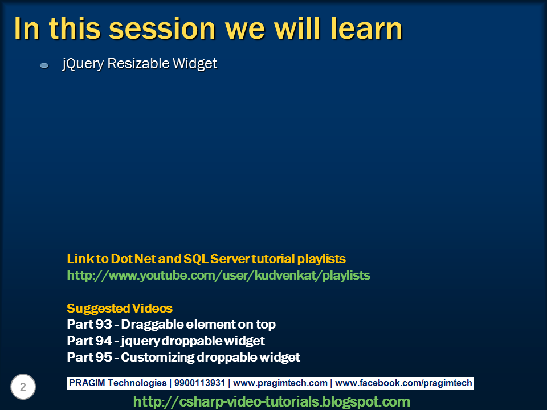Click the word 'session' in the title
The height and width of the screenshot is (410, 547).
[x=162, y=29]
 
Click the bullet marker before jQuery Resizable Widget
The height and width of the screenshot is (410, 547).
[x=44, y=65]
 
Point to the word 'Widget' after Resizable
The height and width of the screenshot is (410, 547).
[x=195, y=64]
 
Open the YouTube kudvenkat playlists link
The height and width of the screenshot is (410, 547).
[x=218, y=276]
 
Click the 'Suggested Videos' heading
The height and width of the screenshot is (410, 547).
[x=120, y=308]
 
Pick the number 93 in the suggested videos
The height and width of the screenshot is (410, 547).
[x=104, y=324]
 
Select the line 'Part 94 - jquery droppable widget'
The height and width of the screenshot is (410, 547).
[x=166, y=341]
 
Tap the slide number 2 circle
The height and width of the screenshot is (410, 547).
[x=23, y=387]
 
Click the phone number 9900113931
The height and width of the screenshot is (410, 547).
[x=199, y=383]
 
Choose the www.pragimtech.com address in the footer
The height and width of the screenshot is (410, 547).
[x=280, y=383]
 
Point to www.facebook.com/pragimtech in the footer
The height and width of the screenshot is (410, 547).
[x=403, y=383]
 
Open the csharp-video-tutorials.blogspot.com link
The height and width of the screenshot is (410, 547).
[x=272, y=401]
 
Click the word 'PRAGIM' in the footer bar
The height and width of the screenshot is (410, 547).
[x=87, y=383]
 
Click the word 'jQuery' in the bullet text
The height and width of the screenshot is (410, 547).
[x=83, y=64]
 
